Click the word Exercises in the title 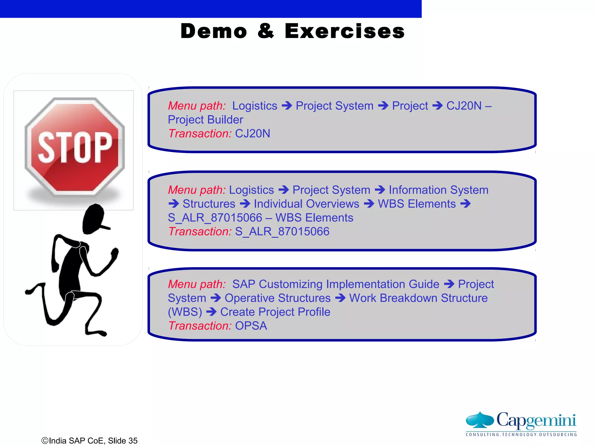[345, 31]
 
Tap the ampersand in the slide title [266, 31]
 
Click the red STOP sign [75, 147]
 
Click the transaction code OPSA [251, 326]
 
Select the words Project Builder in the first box [205, 120]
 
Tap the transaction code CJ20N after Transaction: [252, 134]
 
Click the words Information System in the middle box [438, 190]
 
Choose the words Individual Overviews [307, 204]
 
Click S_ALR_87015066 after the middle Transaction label [282, 232]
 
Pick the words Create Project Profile [275, 312]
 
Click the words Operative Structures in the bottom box [277, 298]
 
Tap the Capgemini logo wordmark [536, 420]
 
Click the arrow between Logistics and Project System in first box [287, 106]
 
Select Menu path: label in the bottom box [197, 284]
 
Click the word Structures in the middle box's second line [209, 204]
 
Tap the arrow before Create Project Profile [211, 312]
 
